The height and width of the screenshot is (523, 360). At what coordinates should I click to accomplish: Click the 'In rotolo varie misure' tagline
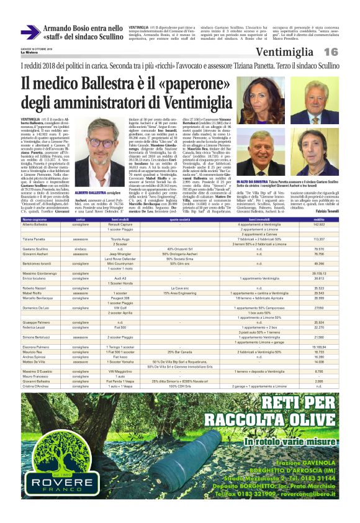(x=275, y=442)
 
